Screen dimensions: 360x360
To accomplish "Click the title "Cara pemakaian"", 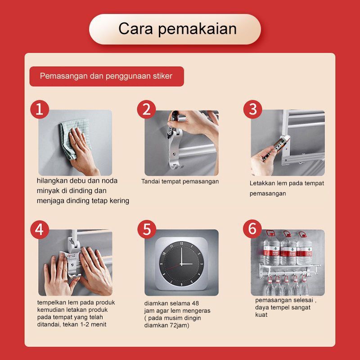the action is coord(177,29).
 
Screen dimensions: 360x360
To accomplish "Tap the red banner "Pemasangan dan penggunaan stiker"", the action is coord(107,76).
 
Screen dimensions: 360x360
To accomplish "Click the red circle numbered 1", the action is coord(40,109).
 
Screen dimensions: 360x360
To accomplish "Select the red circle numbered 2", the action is coord(146,109).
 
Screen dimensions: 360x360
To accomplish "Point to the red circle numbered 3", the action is coord(252,109).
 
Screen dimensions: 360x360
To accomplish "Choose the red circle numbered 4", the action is coord(40,229).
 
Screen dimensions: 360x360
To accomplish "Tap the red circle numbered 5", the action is coord(147,229).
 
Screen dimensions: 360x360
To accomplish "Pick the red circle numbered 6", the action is coord(252,229).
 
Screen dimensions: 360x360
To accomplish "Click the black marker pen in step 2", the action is coord(171,124).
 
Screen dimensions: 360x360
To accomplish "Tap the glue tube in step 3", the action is coord(275,148).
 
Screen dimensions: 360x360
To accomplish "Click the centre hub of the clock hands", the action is coord(181,264).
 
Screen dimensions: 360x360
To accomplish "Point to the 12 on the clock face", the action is coord(181,243).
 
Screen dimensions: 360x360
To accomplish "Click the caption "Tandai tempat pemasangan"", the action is coord(180,182).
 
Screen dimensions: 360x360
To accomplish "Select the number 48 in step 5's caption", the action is coord(195,303).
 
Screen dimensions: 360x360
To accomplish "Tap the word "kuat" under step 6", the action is coord(261,315).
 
